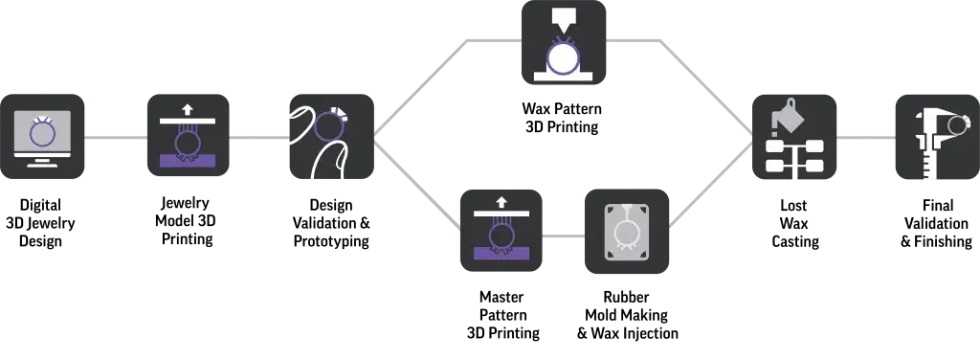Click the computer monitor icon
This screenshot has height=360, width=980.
[44, 137]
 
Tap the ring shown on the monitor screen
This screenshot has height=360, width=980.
[42, 132]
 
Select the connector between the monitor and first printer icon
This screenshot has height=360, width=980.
[117, 138]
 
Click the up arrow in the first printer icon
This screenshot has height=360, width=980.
[187, 110]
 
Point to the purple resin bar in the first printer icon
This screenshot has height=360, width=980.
[187, 161]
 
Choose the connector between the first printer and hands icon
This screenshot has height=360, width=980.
[256, 138]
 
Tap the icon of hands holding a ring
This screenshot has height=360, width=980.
[328, 137]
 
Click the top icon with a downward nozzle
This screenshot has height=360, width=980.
[567, 45]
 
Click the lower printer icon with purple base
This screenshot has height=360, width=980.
[501, 230]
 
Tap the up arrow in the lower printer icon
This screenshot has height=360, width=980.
[501, 201]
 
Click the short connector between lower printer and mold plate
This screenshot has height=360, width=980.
[563, 236]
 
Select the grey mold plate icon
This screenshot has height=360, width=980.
[627, 231]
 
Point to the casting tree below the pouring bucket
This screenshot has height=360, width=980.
[794, 156]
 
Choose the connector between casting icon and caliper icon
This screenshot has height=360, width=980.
[865, 138]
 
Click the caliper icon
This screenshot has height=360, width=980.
[933, 138]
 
